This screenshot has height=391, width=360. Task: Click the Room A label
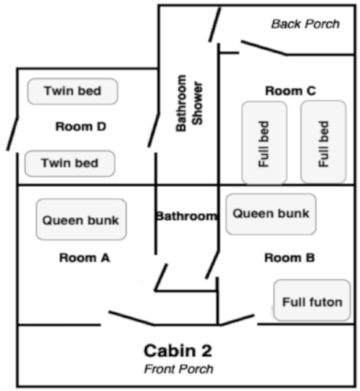coord(85,257)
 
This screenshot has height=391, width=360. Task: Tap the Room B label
coord(290,257)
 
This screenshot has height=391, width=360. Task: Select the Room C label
coord(290,91)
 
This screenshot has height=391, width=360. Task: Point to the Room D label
coord(81,127)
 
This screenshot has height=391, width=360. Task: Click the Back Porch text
coord(306,24)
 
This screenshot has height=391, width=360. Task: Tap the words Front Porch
coord(179,369)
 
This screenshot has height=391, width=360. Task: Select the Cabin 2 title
coord(178,351)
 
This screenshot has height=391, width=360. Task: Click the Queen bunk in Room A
coord(81,219)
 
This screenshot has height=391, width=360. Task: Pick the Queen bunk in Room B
coord(271,214)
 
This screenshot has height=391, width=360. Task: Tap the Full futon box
coord(312,300)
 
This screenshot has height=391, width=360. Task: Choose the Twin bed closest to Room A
coord(70,163)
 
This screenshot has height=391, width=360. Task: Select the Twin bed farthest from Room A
coord(73,91)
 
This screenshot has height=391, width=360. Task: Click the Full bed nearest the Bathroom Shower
coord(264,143)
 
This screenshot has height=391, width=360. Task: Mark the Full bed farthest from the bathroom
coord(323,142)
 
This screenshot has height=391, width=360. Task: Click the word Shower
coord(197,103)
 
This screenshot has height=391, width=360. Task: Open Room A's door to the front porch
coord(131,318)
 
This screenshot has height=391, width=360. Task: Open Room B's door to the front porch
coord(237,320)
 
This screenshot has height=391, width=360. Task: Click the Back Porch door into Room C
coord(264,47)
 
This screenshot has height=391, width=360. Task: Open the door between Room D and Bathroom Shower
coord(154,130)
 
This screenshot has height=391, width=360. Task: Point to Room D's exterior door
coord(13,133)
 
